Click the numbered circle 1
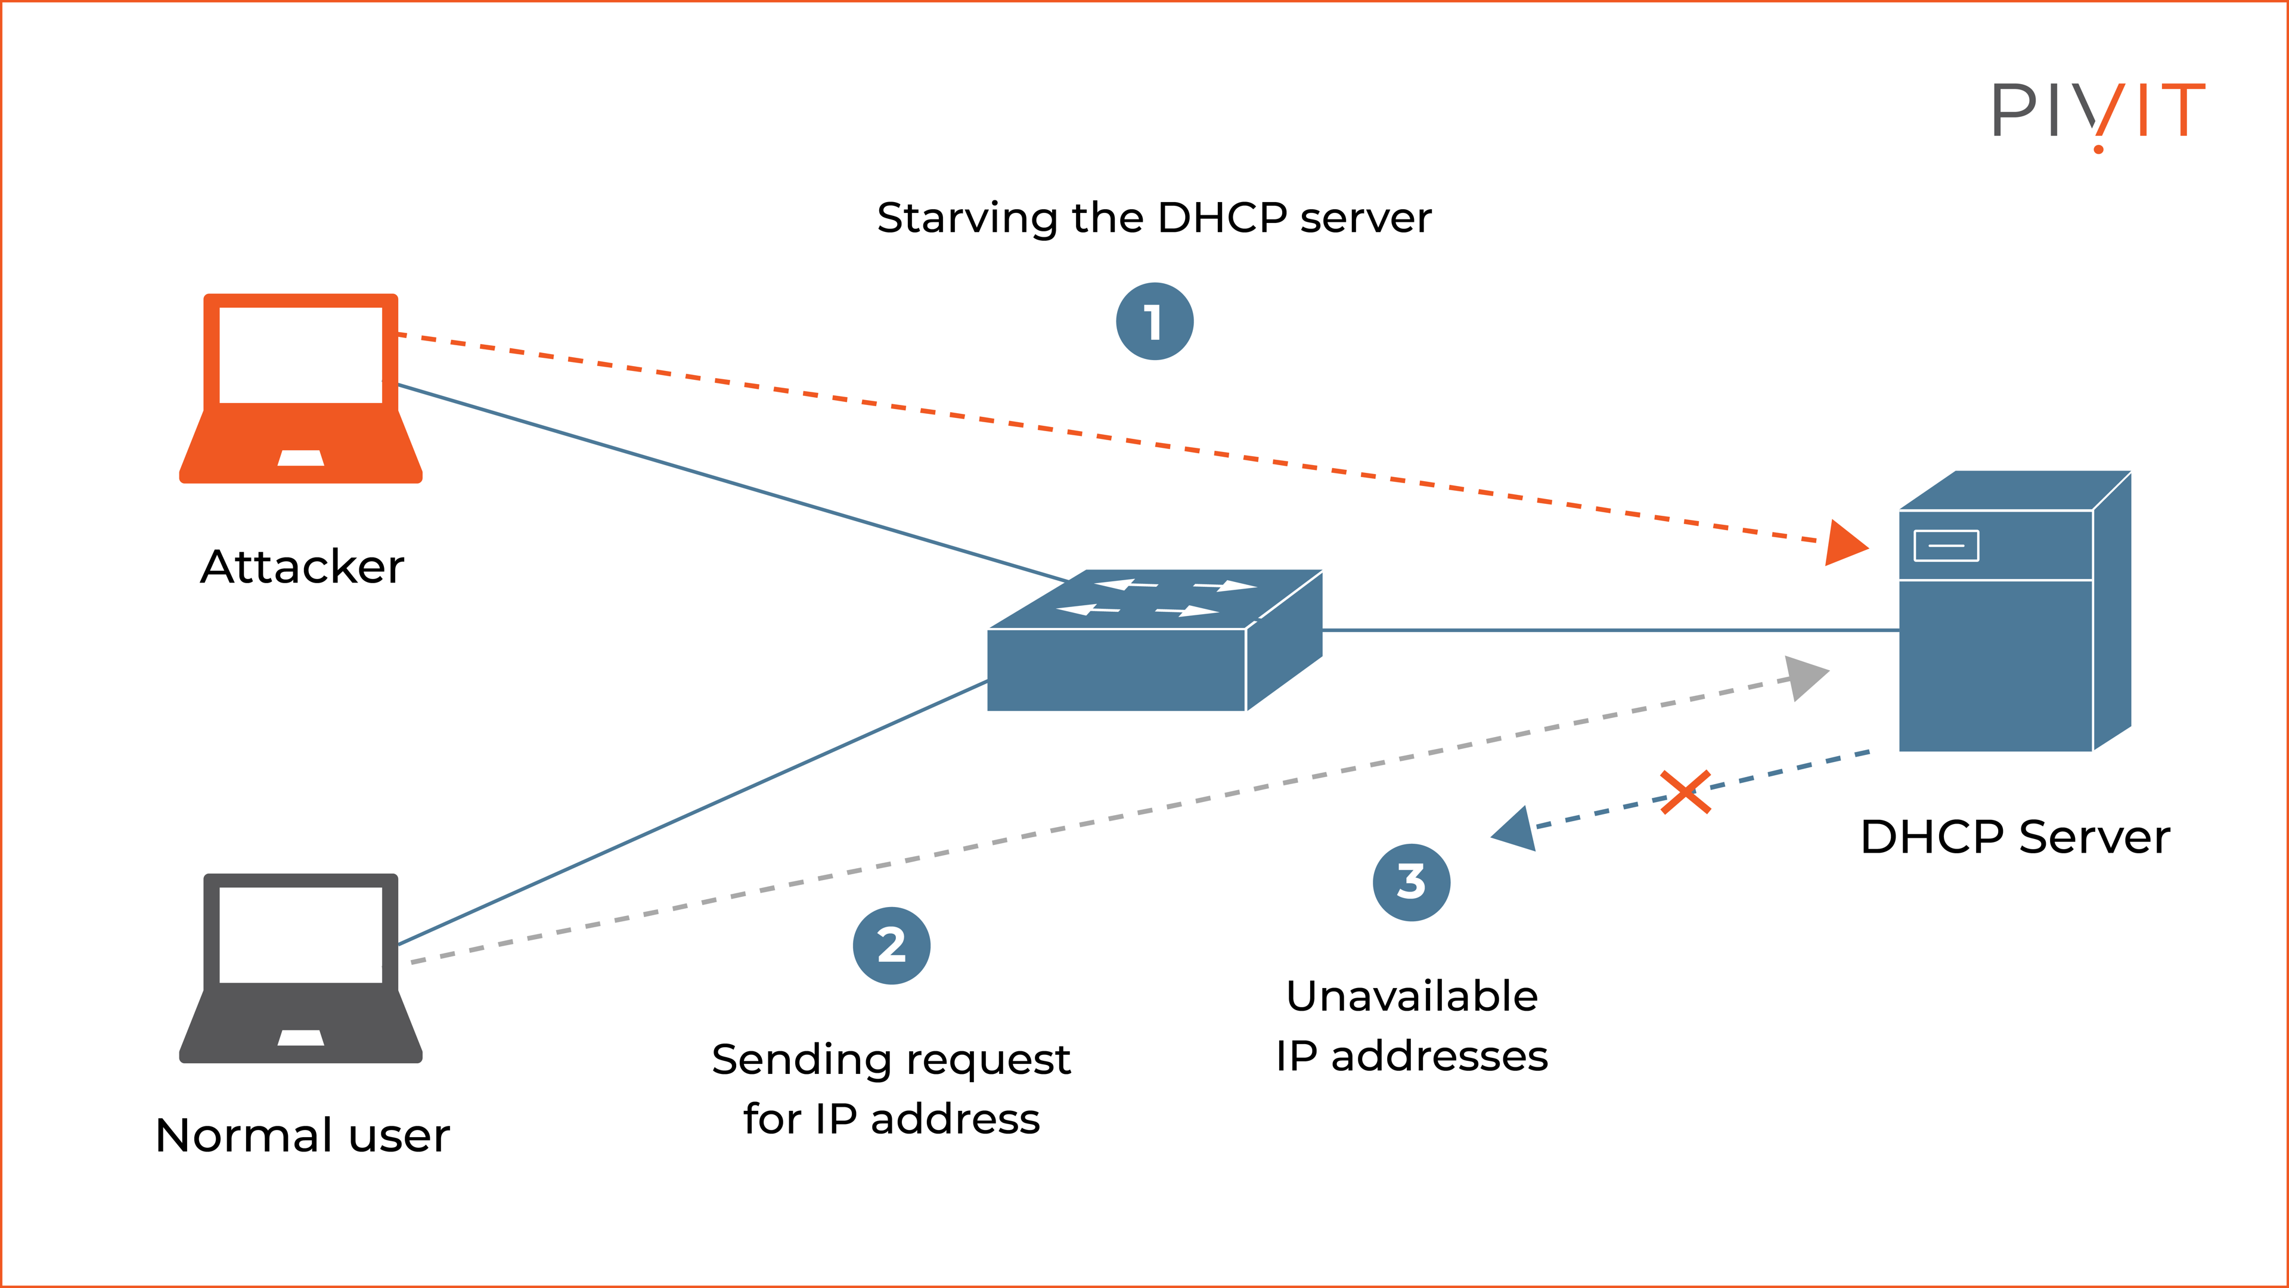tap(1154, 322)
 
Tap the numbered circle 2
tap(891, 945)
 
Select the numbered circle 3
tap(1411, 882)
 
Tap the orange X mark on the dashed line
tap(1685, 792)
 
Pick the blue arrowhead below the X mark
tap(1516, 830)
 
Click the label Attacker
tap(302, 566)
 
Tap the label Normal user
tap(302, 1135)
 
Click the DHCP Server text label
tap(2014, 837)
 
